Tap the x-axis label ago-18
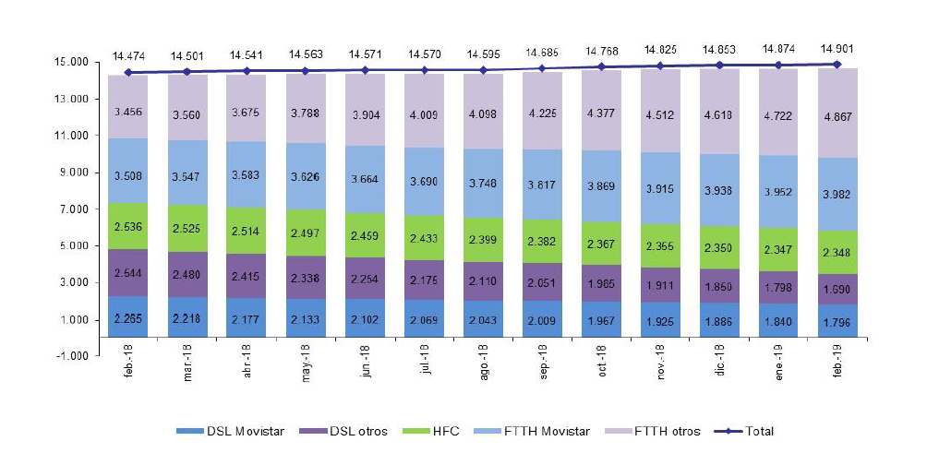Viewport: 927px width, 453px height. point(484,380)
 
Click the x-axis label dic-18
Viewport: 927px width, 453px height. point(721,380)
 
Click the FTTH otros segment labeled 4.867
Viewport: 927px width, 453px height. point(837,113)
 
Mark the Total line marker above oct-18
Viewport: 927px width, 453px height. point(601,66)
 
